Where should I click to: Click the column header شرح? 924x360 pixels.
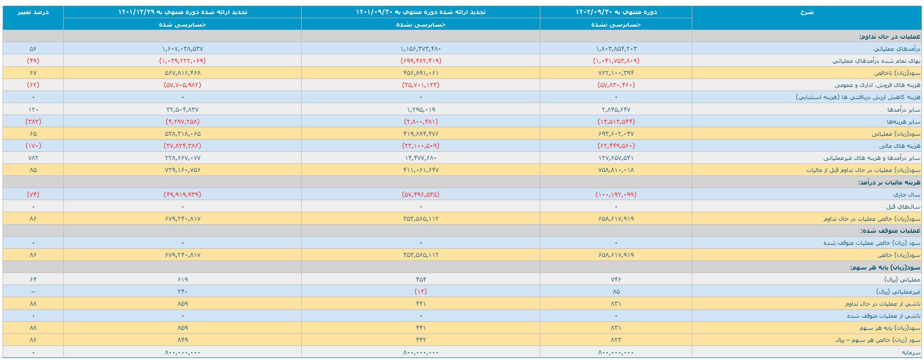806,12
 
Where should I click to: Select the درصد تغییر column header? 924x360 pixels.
33,12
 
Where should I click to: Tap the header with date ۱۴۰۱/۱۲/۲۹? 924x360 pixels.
182,12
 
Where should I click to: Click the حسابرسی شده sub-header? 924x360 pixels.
182,25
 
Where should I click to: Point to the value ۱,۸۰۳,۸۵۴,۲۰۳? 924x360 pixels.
616,49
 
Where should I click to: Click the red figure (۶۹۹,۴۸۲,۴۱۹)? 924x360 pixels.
421,61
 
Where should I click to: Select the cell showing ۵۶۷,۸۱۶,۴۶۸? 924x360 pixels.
182,73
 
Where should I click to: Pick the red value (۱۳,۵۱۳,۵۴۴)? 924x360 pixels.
616,122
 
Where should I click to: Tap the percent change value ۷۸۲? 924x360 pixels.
33,158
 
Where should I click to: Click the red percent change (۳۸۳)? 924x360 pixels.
33,122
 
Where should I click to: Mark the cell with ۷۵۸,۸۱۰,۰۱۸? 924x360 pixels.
616,170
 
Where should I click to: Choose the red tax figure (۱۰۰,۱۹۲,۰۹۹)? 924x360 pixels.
616,195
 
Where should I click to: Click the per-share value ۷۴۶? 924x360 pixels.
616,279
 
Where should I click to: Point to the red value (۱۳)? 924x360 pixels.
421,292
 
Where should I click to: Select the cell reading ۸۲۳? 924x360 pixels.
616,340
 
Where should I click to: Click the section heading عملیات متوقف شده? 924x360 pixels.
890,231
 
